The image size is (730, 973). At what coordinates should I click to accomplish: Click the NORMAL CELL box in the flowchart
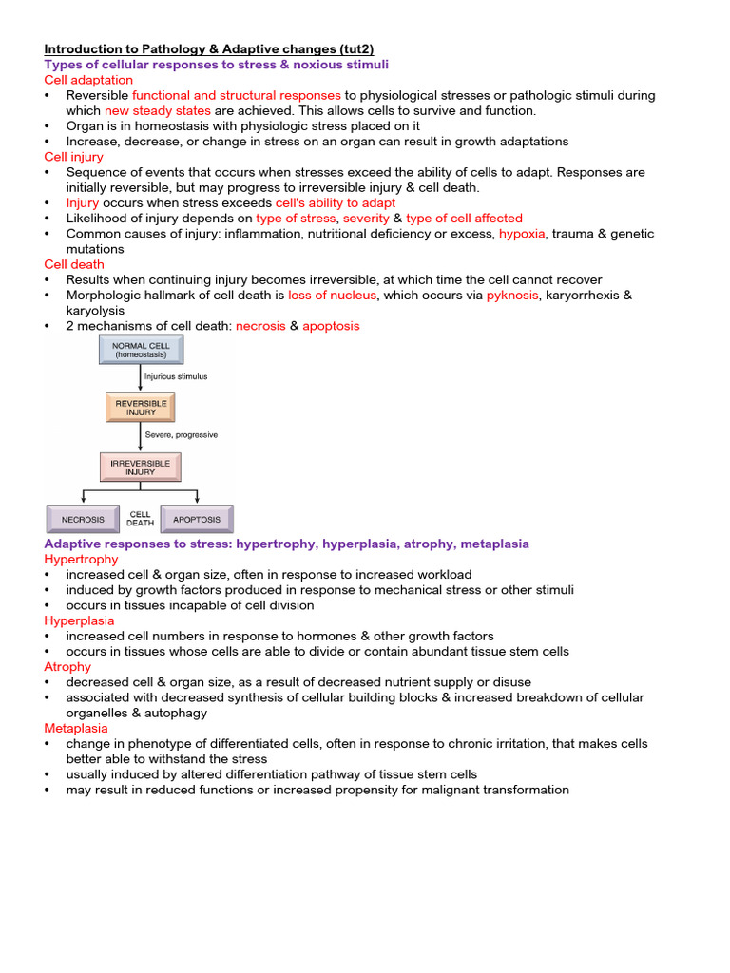[140, 349]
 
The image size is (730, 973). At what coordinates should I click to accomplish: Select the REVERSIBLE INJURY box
[141, 408]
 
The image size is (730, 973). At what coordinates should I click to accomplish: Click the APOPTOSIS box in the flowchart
[197, 519]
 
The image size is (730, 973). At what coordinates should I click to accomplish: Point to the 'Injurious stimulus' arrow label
[176, 376]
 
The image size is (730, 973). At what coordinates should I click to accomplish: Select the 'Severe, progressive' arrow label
[181, 435]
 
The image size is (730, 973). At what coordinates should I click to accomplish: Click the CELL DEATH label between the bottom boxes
[140, 519]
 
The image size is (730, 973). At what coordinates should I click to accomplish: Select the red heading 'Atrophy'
[67, 667]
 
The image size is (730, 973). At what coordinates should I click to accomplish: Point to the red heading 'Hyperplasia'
[79, 620]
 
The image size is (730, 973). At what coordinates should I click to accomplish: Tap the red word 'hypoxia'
[522, 234]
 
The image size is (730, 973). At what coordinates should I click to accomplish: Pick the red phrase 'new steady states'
[158, 110]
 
